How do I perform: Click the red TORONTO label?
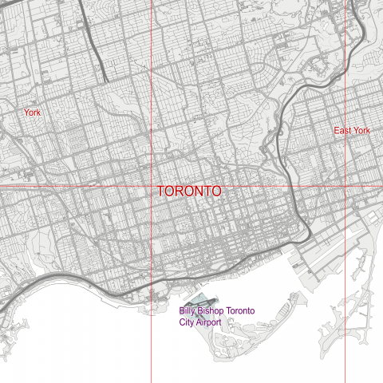[x=189, y=192]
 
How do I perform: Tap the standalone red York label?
[x=32, y=113]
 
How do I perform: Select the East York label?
[x=353, y=130]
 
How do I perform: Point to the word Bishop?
[x=212, y=311]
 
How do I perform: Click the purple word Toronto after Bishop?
[x=242, y=311]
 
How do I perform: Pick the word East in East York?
[x=343, y=130]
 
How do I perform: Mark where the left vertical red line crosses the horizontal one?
[x=152, y=187]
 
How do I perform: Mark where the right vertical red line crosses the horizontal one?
[x=345, y=187]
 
